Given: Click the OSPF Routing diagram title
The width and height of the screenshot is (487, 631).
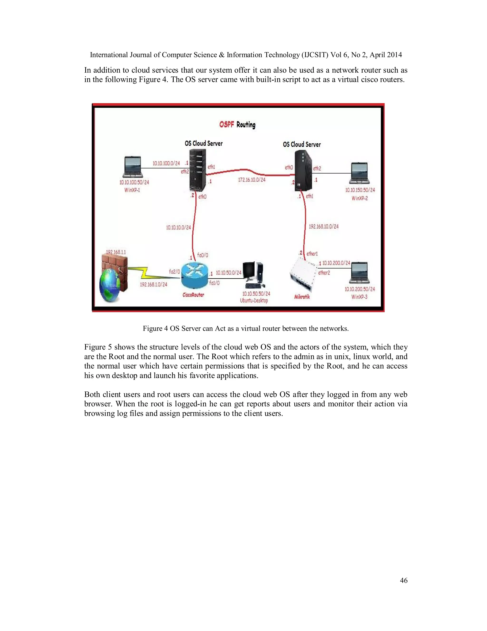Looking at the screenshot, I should pyautogui.click(x=237, y=125).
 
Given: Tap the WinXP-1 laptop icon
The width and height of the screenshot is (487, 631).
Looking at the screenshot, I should pyautogui.click(x=133, y=167).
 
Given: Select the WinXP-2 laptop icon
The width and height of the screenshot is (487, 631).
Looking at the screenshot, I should pyautogui.click(x=359, y=173).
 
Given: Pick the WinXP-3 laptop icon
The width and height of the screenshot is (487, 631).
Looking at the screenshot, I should pyautogui.click(x=359, y=272).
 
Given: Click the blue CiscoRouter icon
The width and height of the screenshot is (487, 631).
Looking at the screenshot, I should pyautogui.click(x=195, y=276).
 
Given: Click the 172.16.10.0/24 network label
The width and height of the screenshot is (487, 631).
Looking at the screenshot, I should pyautogui.click(x=252, y=180).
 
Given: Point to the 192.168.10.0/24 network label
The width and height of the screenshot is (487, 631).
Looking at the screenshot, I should pyautogui.click(x=323, y=226).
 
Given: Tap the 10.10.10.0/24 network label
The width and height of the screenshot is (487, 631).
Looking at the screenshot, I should pyautogui.click(x=178, y=228).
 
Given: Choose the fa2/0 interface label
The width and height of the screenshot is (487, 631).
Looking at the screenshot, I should pyautogui.click(x=174, y=272).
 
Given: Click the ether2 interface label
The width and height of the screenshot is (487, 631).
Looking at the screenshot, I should pyautogui.click(x=324, y=273).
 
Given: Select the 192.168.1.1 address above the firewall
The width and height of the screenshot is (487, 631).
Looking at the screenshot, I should pyautogui.click(x=116, y=252).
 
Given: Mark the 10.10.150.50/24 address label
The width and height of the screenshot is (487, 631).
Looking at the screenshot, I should pyautogui.click(x=360, y=190).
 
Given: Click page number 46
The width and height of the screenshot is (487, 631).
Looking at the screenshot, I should pyautogui.click(x=404, y=581).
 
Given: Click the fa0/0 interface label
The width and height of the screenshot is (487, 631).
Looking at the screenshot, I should pyautogui.click(x=203, y=255).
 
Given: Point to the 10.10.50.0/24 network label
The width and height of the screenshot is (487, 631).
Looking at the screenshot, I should pyautogui.click(x=229, y=273).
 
